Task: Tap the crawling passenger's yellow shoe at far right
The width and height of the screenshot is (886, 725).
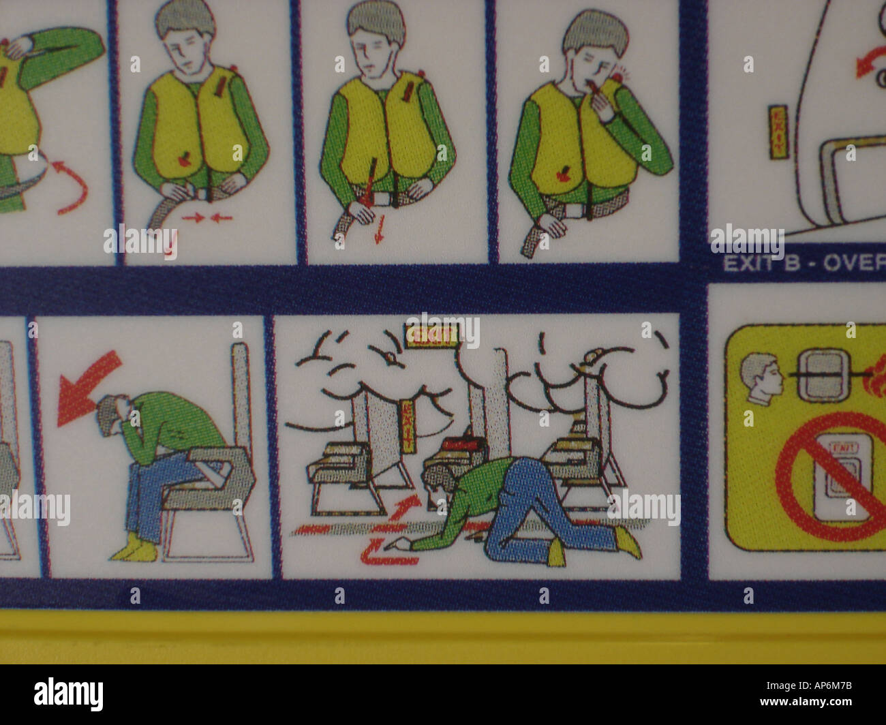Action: click(x=628, y=540)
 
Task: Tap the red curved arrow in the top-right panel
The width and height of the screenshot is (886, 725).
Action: click(x=867, y=65)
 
